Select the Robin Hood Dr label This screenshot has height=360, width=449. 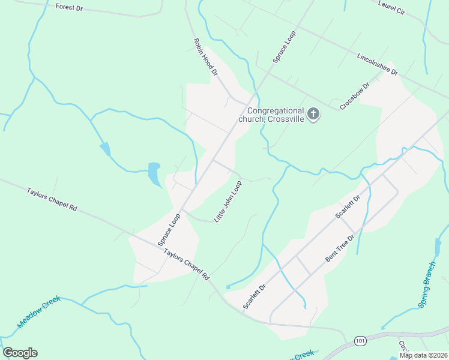(x=205, y=57)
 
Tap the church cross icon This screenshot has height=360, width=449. (x=313, y=114)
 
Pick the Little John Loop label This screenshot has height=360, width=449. (x=228, y=200)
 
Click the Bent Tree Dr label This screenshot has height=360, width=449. (x=340, y=248)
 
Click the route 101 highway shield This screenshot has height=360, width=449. (x=359, y=340)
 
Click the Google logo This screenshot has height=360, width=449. (x=20, y=353)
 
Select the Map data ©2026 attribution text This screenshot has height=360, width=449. (x=424, y=355)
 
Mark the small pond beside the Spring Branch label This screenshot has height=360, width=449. (x=438, y=247)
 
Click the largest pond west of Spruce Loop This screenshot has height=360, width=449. (x=154, y=173)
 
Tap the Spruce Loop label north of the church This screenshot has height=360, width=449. (x=284, y=47)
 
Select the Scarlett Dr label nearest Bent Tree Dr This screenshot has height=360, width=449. (x=348, y=206)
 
